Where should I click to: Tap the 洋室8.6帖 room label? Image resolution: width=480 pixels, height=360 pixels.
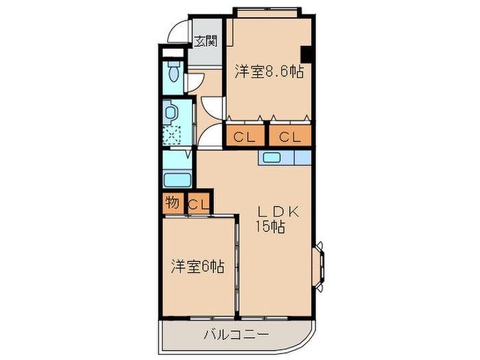270,71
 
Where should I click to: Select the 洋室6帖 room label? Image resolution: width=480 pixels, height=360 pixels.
197,265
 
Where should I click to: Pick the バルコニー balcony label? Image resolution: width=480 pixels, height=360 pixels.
235,335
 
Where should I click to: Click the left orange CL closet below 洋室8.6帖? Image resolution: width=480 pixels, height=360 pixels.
244,137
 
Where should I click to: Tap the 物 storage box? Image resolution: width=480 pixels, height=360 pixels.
171,203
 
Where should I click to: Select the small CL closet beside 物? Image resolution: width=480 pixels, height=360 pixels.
198,204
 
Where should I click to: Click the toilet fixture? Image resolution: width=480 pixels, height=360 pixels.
173,73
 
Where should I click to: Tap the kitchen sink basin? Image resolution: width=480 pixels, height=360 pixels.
270,158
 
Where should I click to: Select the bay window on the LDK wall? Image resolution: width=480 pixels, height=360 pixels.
320,265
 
